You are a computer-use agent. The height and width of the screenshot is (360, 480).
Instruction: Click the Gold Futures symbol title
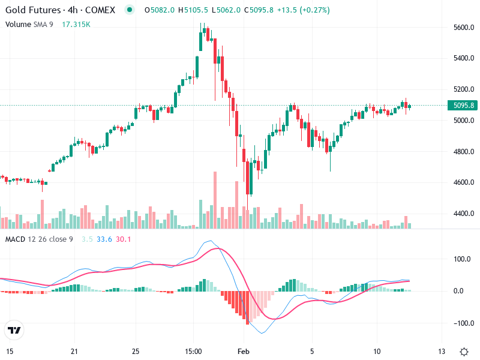click(62, 10)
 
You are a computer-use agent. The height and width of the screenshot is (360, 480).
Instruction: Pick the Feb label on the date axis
click(242, 350)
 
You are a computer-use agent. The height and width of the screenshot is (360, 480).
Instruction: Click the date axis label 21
click(74, 350)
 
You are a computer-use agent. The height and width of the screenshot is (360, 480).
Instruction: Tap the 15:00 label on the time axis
click(193, 350)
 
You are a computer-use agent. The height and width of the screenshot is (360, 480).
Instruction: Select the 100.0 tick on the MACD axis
click(461, 260)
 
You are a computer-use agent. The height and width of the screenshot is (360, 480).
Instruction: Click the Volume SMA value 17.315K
click(76, 24)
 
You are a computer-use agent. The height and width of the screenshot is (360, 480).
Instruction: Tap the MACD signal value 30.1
click(124, 239)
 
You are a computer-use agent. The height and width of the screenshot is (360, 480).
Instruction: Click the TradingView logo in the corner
click(14, 330)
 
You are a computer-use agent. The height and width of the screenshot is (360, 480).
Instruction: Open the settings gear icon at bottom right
click(464, 351)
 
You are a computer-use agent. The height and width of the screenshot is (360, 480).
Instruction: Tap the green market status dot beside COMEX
click(130, 10)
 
